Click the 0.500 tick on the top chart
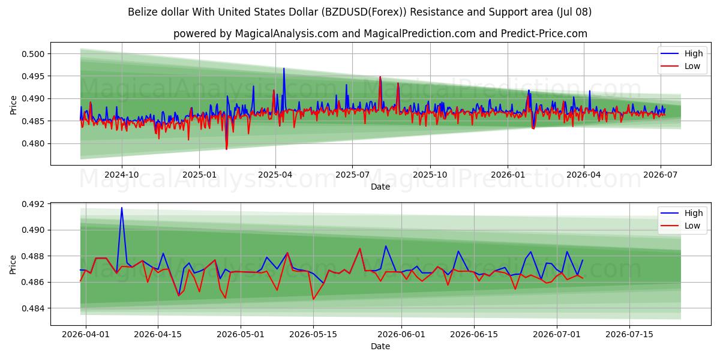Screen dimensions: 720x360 (x=33, y=54)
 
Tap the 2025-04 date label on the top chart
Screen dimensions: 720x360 (x=275, y=175)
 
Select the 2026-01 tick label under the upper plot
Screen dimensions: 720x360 (x=508, y=175)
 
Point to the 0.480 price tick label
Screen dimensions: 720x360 (x=33, y=143)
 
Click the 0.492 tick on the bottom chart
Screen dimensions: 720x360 (x=33, y=204)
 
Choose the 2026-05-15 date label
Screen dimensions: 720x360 (x=313, y=335)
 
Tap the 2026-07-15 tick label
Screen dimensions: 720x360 (x=629, y=335)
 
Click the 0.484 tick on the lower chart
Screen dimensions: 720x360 (x=33, y=308)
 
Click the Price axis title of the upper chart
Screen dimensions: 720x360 (x=13, y=105)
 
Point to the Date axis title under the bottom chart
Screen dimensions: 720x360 (x=380, y=346)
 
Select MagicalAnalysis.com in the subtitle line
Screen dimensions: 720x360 (x=287, y=34)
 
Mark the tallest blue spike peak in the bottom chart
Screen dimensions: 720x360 (x=121, y=208)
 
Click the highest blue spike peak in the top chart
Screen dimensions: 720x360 (x=284, y=68)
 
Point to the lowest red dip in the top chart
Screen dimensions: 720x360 (x=226, y=149)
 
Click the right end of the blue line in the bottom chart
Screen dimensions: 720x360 (x=583, y=260)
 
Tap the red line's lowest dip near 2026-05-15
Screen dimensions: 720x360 (x=313, y=299)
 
